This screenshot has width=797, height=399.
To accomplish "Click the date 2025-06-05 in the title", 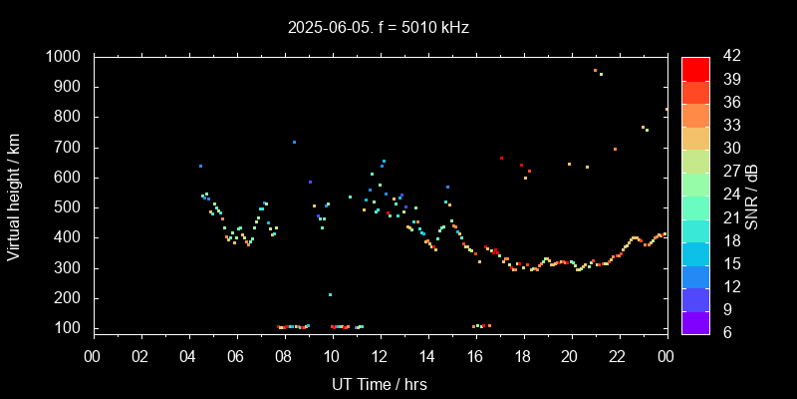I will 325,28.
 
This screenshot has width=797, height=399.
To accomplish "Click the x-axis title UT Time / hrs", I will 380,383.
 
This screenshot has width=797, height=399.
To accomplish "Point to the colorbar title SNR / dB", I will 752,196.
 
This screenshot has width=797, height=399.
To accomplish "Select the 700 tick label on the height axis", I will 71,148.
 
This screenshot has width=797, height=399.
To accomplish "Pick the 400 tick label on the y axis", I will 71,237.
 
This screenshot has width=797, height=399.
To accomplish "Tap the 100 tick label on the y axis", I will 71,328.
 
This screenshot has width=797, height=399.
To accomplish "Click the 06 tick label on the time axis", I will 236,355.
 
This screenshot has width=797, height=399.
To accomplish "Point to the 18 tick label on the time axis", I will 523,355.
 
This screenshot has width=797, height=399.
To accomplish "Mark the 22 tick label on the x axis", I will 619,355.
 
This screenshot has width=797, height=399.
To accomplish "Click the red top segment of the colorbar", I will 695,68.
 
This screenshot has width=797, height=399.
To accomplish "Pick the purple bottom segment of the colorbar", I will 695,322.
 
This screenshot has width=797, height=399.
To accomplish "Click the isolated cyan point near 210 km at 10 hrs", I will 330,294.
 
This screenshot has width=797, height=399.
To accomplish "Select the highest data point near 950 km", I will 595,70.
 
